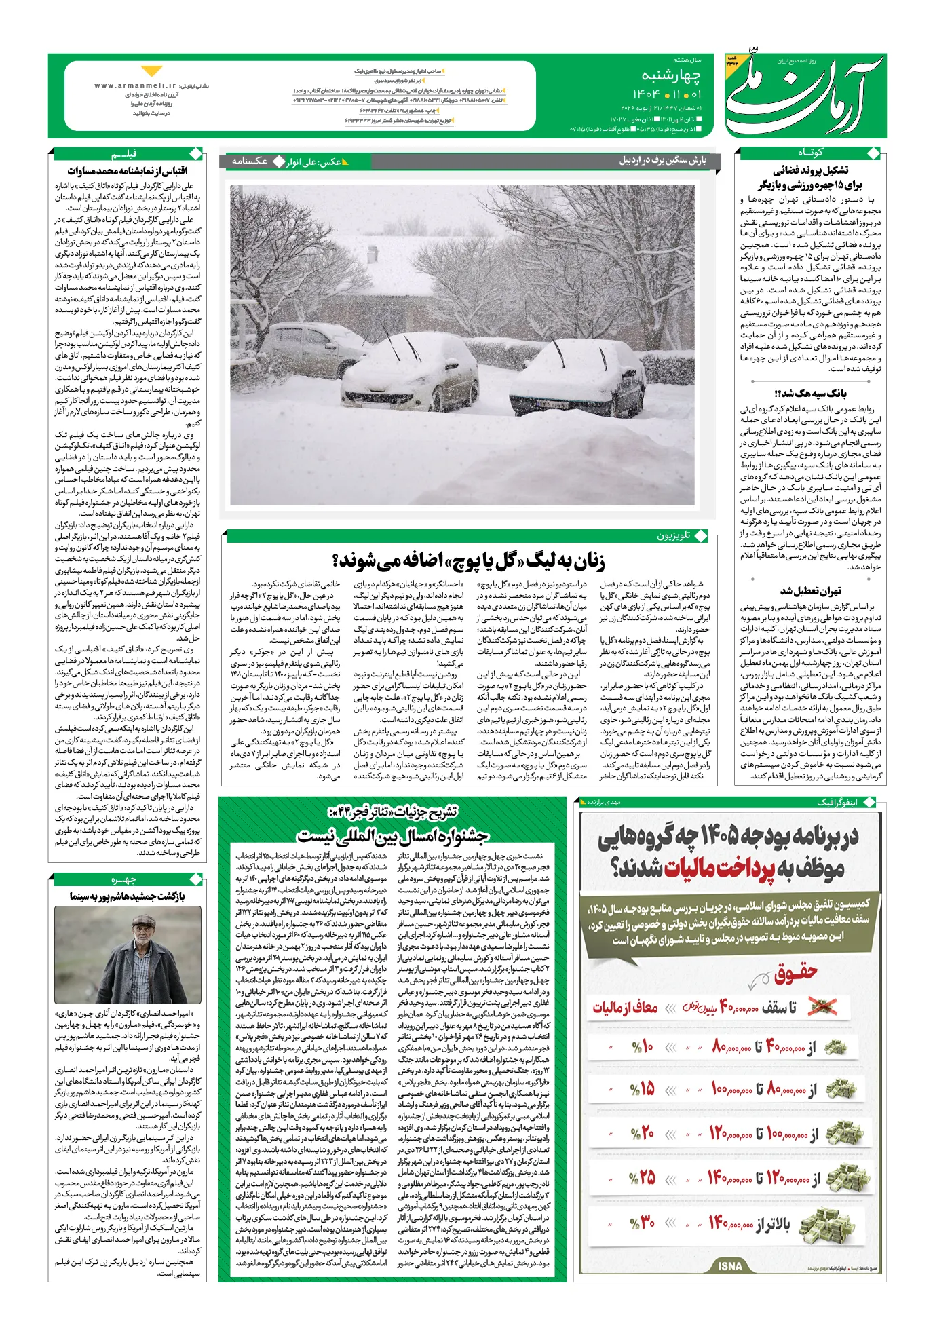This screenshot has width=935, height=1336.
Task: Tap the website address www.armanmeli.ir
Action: tap(135, 85)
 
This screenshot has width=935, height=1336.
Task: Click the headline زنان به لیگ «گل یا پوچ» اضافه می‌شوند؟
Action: tap(468, 560)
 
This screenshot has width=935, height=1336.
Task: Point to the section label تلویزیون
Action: tap(673, 535)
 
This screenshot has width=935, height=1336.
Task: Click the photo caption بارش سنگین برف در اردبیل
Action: tap(662, 161)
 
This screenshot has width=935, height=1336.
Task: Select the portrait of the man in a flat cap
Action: tap(128, 954)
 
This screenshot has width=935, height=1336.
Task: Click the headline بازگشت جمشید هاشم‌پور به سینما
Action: tap(128, 896)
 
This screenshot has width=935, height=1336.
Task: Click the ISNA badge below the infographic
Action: tap(730, 1265)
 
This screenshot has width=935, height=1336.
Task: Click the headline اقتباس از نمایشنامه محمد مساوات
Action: tap(128, 170)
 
